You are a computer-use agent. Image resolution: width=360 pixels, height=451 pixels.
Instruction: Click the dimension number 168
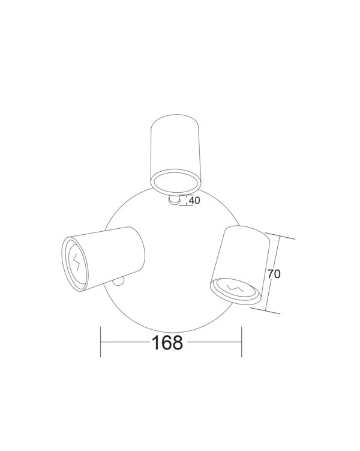[167, 343]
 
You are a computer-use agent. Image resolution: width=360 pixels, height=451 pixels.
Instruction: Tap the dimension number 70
[274, 274]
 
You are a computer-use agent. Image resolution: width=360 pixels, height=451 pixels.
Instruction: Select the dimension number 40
[194, 201]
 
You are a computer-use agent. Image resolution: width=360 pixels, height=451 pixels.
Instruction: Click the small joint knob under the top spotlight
[174, 201]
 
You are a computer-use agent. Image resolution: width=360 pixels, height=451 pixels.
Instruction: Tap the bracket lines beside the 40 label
[185, 201]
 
